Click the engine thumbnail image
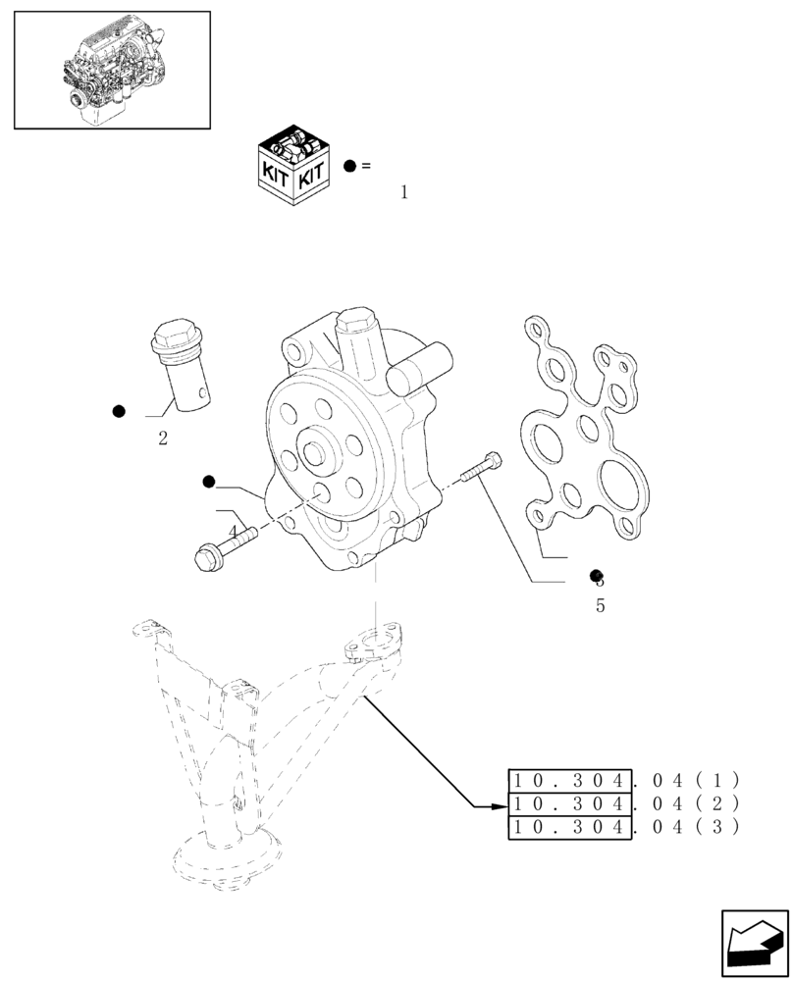pos(113,70)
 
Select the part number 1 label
pos(403,192)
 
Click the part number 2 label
pos(163,439)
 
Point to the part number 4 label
pos(233,532)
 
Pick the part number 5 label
pos(600,605)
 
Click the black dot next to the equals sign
pos(349,166)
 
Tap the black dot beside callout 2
pos(119,411)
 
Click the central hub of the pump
pos(319,454)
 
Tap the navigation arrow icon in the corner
pos(755,943)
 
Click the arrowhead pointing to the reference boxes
pos(497,806)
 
